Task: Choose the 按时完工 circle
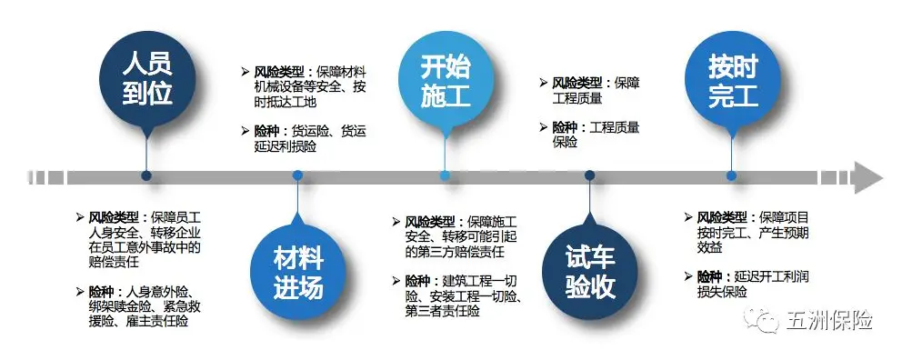[x=733, y=81]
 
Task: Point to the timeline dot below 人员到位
[x=146, y=176]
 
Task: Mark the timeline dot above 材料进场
[x=297, y=176]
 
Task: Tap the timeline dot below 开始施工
[x=446, y=176]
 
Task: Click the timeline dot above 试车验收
[x=589, y=176]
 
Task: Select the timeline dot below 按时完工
[x=733, y=176]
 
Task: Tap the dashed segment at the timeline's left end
[x=46, y=176]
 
